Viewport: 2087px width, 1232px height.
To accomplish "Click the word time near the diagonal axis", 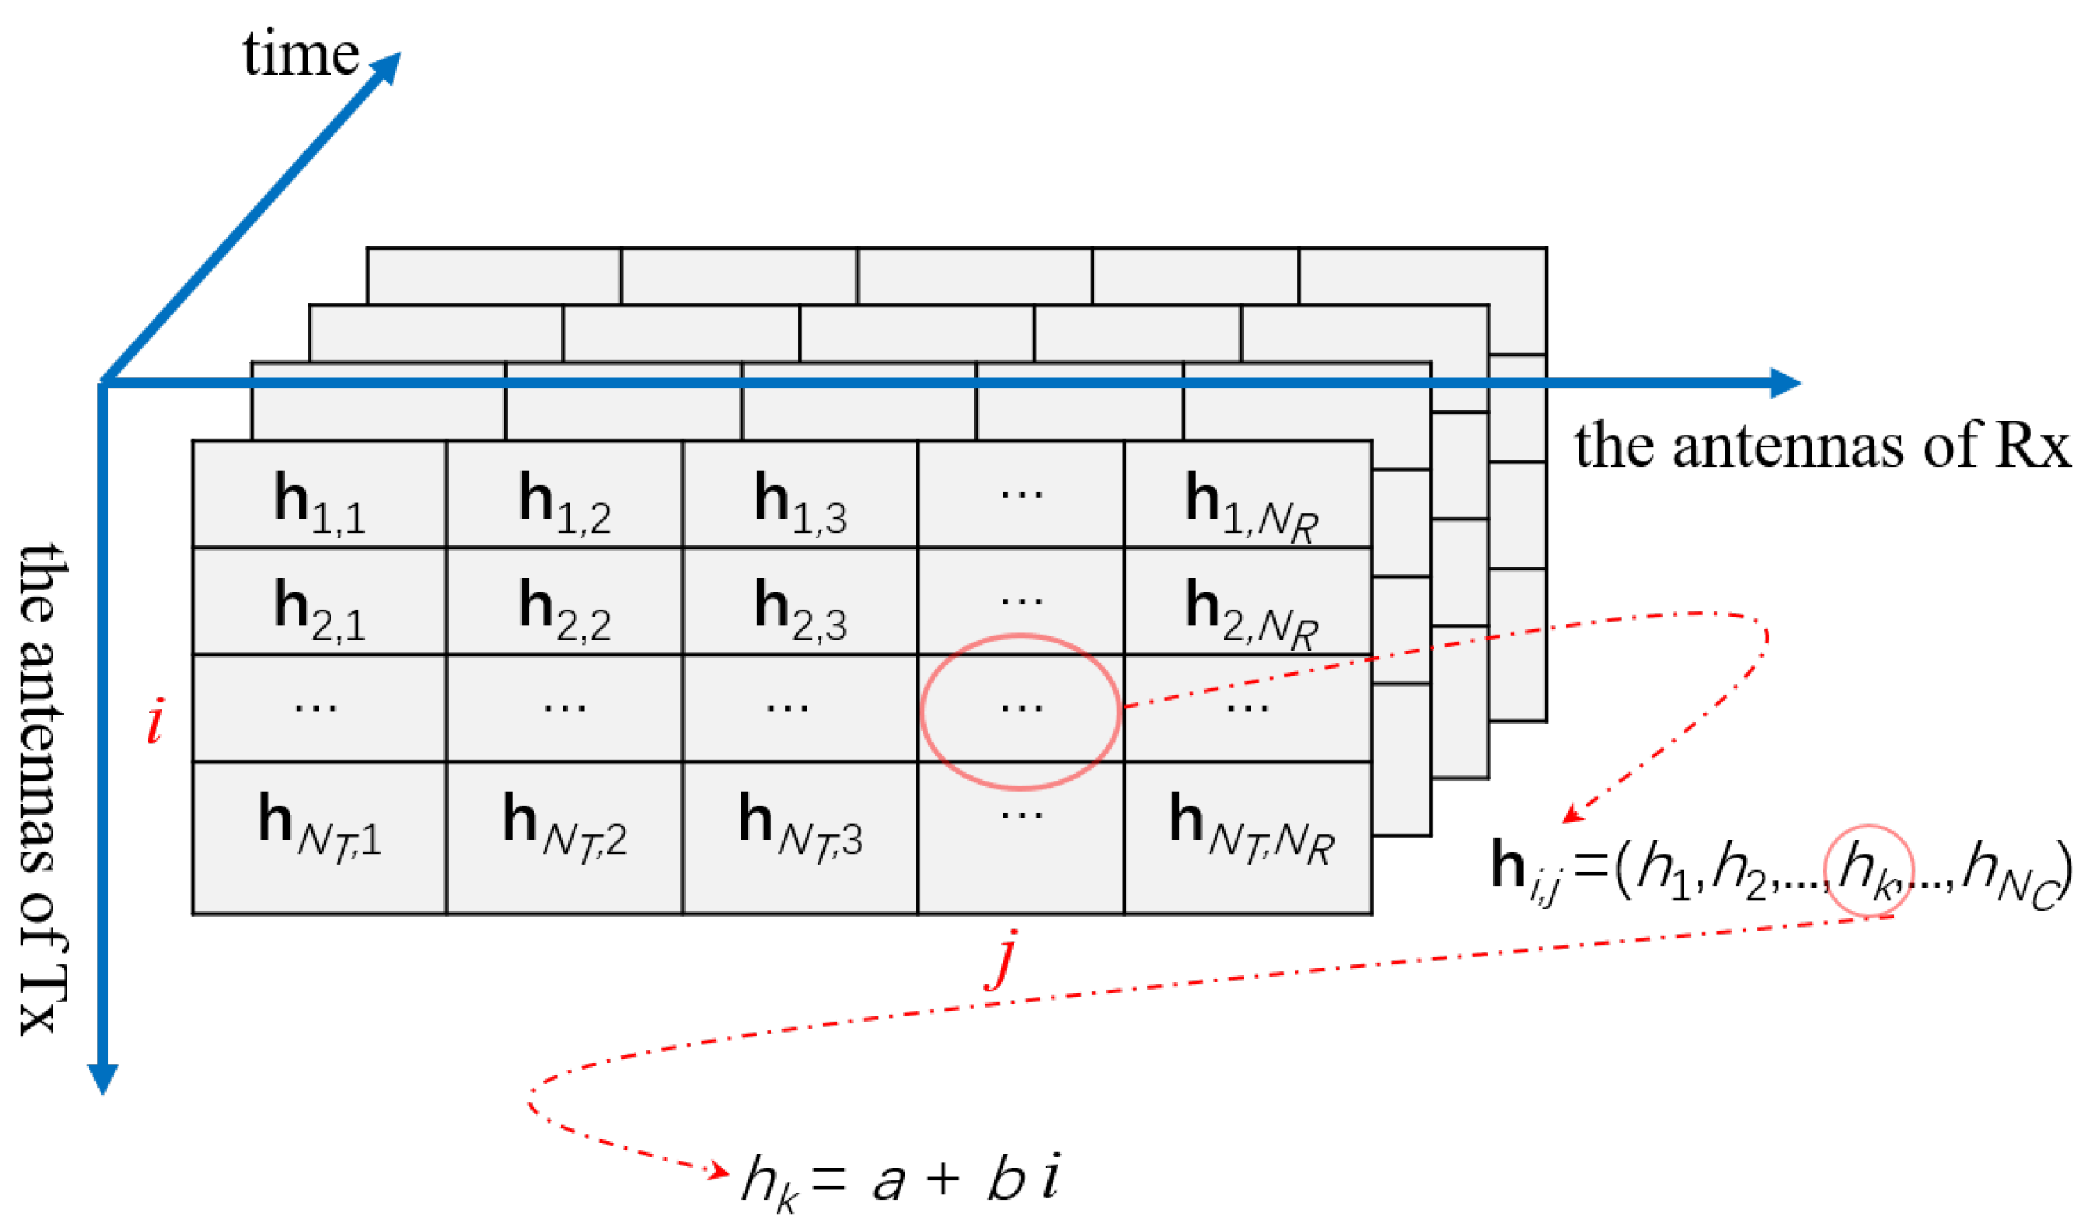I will (x=300, y=53).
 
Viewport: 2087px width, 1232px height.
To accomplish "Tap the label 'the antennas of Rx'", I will (x=1823, y=447).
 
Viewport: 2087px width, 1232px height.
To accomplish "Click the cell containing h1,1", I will (x=319, y=496).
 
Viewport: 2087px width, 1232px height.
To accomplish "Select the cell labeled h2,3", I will (x=800, y=602).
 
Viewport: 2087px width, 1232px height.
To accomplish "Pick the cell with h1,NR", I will (x=1248, y=496).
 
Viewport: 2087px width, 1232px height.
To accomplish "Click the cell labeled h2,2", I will (x=564, y=602).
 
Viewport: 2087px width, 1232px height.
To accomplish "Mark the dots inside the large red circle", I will (x=1022, y=707).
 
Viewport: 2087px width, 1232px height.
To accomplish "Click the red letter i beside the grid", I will (x=155, y=720).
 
